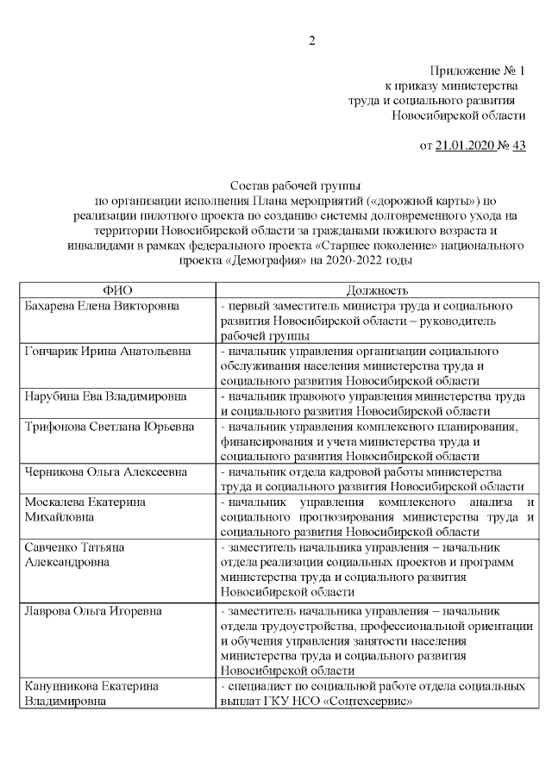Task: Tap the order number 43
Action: pyautogui.click(x=518, y=146)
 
